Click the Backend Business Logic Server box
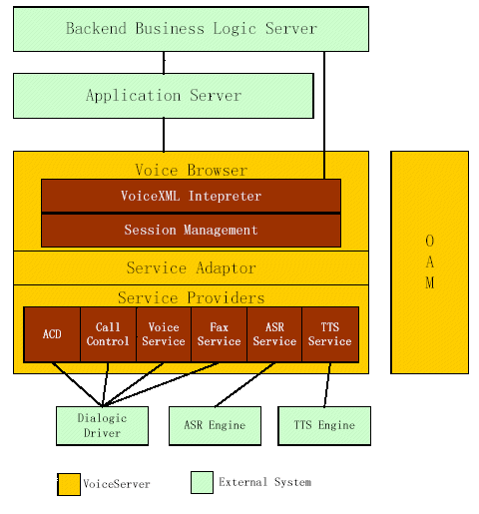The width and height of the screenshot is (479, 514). coord(191,29)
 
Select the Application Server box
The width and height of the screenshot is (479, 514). coord(164,96)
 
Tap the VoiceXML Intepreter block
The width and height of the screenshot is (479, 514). coord(191,196)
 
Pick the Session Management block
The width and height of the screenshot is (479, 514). coord(191,231)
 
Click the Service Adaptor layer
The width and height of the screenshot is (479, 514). coord(191,267)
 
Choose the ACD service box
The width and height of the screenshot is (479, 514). coord(52,334)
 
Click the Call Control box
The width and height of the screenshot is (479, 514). coord(108,334)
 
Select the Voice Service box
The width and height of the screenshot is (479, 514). coord(164,334)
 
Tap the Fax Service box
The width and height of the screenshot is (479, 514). coord(220,334)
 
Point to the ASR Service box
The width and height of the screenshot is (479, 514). coord(274,334)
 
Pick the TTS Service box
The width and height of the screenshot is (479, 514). coord(330,334)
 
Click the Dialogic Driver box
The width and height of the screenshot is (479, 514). coord(102,426)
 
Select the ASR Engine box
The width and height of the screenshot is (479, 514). coord(215,426)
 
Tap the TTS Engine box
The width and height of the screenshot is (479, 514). coord(324,426)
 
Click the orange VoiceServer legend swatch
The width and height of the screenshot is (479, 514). coord(69,484)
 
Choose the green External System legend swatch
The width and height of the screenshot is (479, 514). coord(202,482)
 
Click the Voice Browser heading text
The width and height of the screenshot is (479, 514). coord(192,171)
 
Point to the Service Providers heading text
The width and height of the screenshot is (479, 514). coord(192,297)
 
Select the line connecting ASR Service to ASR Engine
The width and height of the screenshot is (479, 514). coord(244,384)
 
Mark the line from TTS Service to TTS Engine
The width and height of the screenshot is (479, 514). coord(327,384)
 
